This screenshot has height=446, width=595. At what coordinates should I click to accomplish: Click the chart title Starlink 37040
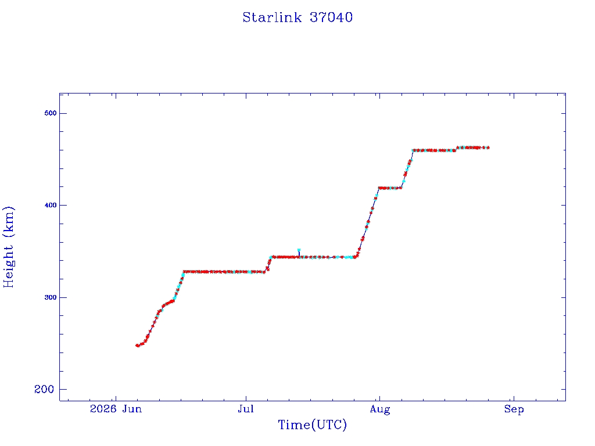297,17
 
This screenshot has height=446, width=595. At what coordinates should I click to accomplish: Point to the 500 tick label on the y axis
50,113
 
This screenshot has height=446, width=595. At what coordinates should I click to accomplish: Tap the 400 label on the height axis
50,205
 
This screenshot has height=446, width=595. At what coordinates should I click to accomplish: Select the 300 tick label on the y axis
50,297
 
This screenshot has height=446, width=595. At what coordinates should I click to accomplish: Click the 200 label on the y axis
44,389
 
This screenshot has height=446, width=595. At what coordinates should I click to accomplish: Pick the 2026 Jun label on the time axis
116,409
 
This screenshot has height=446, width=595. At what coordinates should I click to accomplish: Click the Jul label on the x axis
246,409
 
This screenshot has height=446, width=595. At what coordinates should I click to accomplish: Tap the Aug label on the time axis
380,409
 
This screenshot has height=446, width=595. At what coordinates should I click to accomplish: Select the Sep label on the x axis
514,409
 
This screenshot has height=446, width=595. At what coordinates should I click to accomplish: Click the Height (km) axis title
9,247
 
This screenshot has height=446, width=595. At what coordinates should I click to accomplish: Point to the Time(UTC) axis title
312,425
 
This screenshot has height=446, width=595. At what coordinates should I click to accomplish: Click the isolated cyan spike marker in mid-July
299,250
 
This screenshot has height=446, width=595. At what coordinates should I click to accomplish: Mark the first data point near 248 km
137,346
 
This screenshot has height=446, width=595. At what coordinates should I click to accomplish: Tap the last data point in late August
488,148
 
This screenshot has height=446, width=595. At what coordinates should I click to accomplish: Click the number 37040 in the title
331,17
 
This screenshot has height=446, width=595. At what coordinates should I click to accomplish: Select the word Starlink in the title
272,17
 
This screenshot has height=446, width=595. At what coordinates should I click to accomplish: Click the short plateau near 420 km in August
390,188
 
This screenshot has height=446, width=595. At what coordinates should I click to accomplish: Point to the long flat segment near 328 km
224,272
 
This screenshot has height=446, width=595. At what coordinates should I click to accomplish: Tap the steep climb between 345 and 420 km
367,223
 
